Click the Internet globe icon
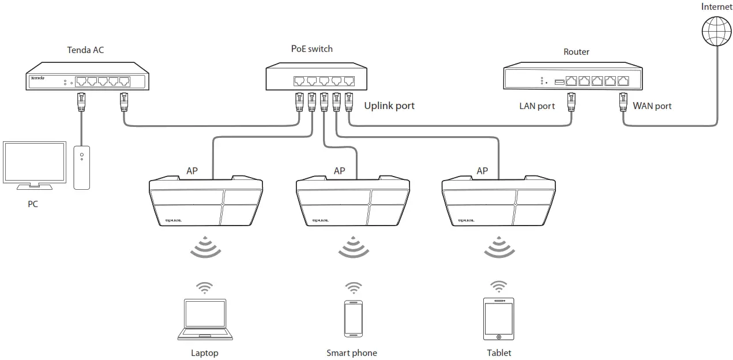[716, 30]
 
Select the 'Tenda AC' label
[85, 50]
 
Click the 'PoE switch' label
[311, 49]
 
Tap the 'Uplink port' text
[389, 106]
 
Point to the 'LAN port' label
[537, 106]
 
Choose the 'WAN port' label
[652, 106]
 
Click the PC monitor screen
[35, 163]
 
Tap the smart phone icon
[353, 318]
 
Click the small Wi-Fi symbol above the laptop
[204, 287]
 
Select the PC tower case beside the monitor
[82, 167]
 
